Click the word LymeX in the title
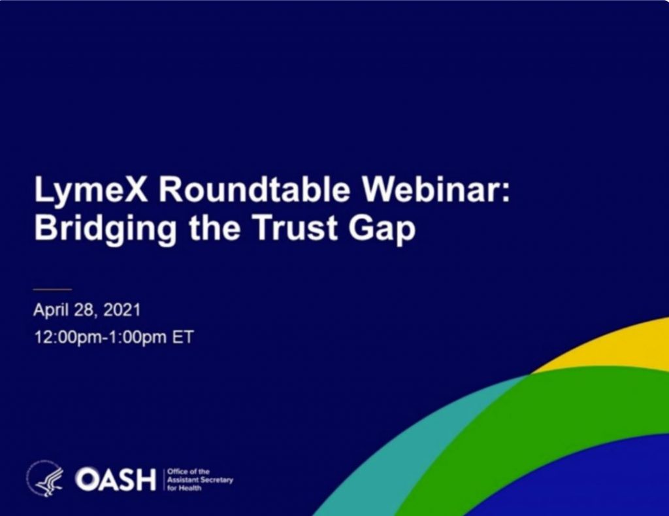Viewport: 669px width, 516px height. [x=91, y=190]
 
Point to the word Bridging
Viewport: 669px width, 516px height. [x=105, y=228]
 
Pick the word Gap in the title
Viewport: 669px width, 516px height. [x=382, y=229]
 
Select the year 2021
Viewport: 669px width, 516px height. [x=122, y=310]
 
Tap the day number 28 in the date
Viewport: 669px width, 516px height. [x=84, y=310]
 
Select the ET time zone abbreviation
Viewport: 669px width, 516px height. [x=183, y=337]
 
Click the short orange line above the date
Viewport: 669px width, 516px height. [x=52, y=289]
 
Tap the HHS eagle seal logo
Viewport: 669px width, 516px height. [x=46, y=479]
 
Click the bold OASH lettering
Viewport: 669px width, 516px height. [x=116, y=479]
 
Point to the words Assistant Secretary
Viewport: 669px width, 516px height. [x=200, y=480]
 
